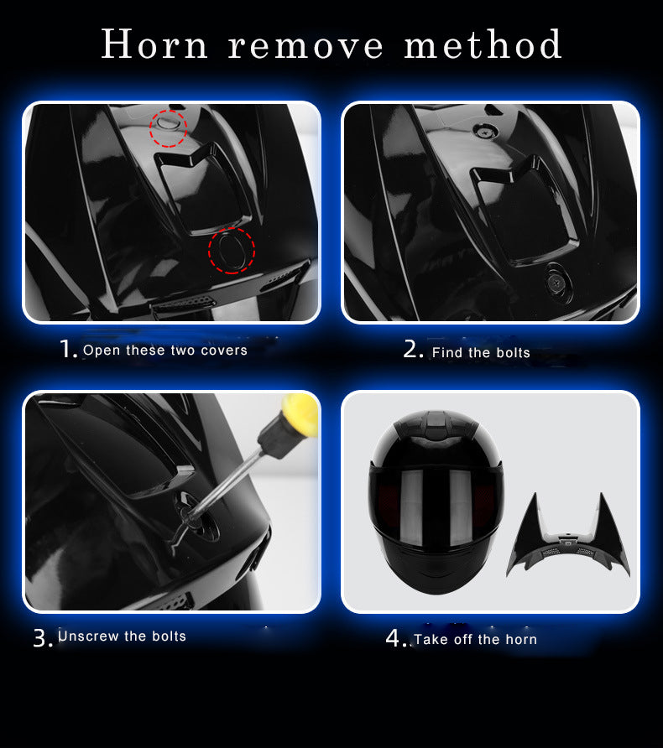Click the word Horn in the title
coord(154,44)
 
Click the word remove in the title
coord(305,47)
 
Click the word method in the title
coord(483,44)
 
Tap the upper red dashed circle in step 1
coord(168,127)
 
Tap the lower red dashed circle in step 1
coord(232,251)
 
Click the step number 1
coord(67,349)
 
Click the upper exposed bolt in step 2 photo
coord(485,129)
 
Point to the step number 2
coord(414,349)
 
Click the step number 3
coord(42,638)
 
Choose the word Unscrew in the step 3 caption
coord(88,636)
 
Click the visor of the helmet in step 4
coord(436,506)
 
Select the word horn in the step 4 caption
coord(521,639)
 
